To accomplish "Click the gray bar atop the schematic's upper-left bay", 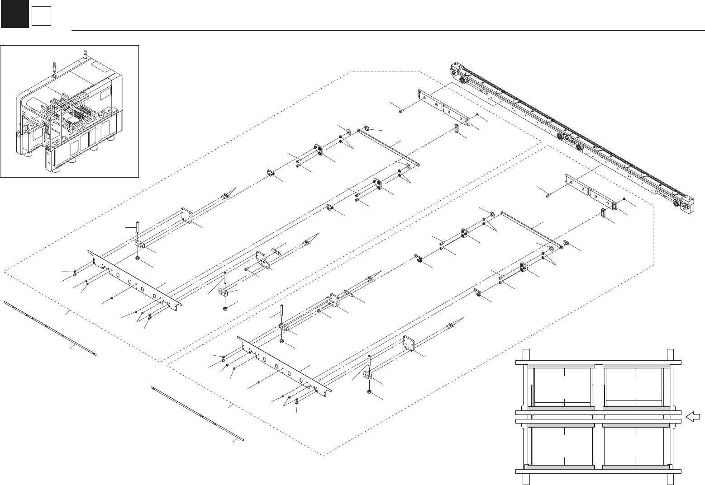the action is [561, 365].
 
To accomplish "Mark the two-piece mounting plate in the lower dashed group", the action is [591, 192].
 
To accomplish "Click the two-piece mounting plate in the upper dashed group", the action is [443, 105].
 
